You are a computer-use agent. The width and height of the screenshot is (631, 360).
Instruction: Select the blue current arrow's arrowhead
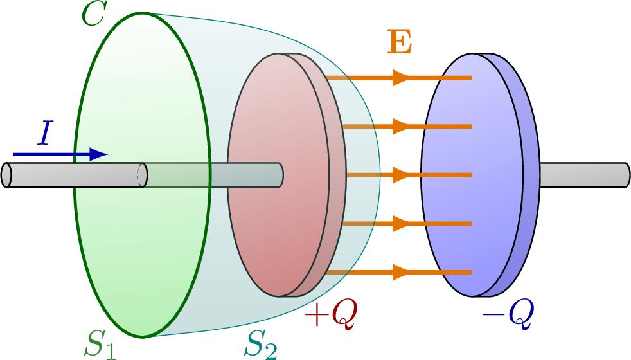[x=98, y=154]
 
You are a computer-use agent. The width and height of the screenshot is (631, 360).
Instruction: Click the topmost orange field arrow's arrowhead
[x=401, y=78]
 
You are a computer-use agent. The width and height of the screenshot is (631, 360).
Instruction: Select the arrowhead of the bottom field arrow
[x=401, y=273]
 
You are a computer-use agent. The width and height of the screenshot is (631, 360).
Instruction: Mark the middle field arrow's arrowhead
[x=401, y=175]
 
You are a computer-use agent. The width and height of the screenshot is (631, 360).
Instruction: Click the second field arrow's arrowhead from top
[x=401, y=126]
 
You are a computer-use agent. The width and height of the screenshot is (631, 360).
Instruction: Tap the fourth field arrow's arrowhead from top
[x=401, y=224]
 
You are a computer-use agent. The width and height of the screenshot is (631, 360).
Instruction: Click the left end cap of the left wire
[x=7, y=175]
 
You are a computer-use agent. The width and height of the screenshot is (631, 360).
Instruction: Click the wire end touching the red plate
[x=280, y=175]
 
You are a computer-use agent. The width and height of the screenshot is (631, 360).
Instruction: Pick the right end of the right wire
[x=626, y=175]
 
